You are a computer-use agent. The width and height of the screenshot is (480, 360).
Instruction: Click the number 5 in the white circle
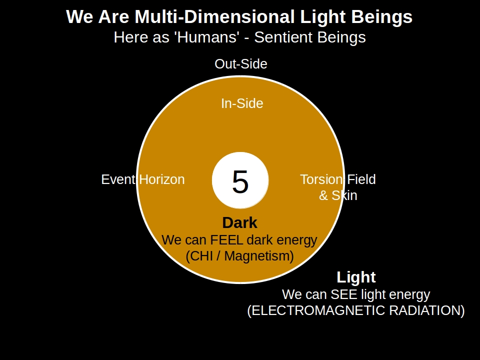pos(240,181)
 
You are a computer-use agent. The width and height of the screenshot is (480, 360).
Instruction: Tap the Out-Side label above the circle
pos(241,64)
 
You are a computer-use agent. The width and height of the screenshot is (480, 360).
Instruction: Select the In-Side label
pos(242,103)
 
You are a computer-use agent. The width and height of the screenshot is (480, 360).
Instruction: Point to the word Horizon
pos(162,179)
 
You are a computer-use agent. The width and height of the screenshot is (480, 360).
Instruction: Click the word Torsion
pos(321,179)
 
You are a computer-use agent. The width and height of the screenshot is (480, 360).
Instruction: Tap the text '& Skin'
pos(338,195)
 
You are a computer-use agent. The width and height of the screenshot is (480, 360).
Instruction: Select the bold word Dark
pos(239,223)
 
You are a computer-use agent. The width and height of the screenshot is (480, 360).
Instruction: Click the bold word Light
pos(356,277)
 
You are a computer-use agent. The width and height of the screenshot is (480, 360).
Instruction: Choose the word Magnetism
pos(261,256)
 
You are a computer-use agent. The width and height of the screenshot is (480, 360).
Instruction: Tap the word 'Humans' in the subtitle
pos(199,37)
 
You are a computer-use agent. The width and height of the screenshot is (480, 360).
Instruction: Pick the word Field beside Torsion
pos(361,179)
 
